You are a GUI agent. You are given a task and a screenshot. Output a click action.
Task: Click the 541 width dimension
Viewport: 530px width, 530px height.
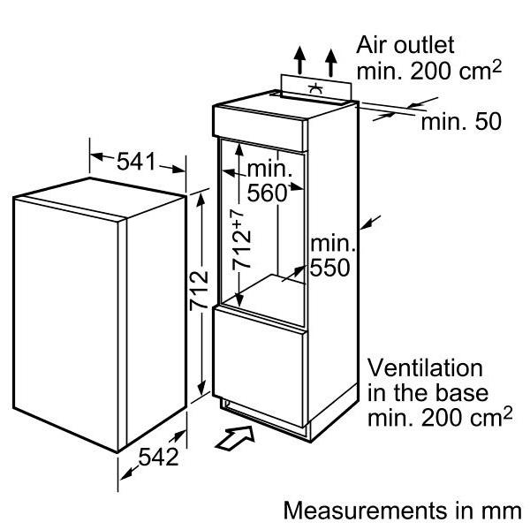tap(136, 162)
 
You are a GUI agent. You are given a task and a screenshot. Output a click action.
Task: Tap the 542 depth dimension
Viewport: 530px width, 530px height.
tap(158, 457)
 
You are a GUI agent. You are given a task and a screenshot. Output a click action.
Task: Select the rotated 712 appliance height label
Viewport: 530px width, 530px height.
tap(199, 290)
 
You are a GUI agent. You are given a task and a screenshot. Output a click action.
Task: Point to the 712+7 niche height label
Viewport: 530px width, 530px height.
tap(241, 239)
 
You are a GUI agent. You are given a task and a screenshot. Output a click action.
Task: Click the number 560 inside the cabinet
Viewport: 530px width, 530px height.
tap(267, 193)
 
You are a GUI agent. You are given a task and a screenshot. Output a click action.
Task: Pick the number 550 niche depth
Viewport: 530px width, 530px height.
tap(329, 268)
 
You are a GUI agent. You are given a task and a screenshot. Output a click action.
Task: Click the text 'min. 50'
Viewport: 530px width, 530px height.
tap(461, 122)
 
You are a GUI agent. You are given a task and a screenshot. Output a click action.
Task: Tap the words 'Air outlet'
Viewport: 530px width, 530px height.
tap(405, 45)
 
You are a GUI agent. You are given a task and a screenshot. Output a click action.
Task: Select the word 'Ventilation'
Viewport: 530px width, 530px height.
tap(425, 368)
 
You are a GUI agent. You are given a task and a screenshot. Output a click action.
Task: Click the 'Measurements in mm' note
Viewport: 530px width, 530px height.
tap(403, 511)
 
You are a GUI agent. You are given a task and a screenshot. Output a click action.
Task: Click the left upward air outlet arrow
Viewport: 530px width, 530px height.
tap(299, 60)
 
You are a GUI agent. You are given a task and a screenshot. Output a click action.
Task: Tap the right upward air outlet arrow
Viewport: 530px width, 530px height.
tap(331, 63)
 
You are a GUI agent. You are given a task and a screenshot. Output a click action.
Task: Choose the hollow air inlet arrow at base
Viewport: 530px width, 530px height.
tap(235, 438)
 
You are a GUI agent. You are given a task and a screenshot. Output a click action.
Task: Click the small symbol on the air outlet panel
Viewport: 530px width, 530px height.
tap(315, 87)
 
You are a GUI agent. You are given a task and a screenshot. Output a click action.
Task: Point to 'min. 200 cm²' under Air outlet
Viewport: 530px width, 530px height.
tap(429, 71)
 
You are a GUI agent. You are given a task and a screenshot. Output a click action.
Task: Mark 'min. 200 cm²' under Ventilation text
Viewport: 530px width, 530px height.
tap(440, 418)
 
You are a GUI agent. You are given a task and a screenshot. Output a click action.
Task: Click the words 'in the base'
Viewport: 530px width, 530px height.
tap(428, 393)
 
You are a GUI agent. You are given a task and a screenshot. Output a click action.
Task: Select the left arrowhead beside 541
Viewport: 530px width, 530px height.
tap(96, 156)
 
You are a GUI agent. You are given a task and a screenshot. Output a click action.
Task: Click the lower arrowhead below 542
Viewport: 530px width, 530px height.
tap(126, 474)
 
